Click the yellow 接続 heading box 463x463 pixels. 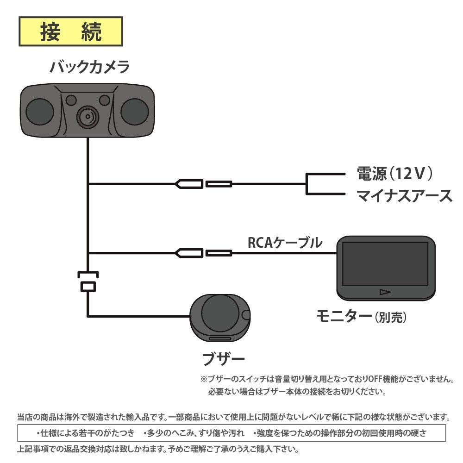[70, 32]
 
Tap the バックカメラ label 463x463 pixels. [90, 68]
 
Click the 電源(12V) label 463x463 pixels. [394, 174]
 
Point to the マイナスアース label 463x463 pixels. [404, 195]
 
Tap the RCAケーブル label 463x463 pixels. [284, 243]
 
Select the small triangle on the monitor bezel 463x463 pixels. [385, 292]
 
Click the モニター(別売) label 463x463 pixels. [361, 317]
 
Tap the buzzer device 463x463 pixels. [220, 317]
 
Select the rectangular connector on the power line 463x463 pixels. [219, 184]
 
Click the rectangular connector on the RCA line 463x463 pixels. [219, 253]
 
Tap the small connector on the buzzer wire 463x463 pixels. [88, 287]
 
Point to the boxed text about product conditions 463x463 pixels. [231, 433]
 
